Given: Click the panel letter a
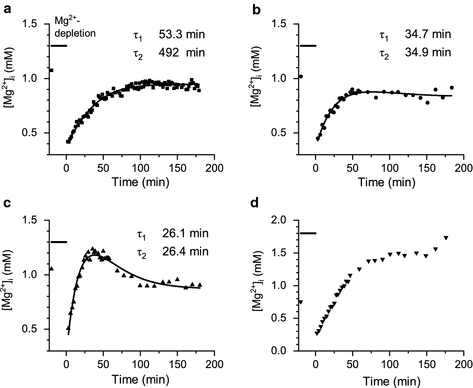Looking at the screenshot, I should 8,10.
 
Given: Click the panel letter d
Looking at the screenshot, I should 255,203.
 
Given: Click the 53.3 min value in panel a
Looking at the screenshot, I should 182,34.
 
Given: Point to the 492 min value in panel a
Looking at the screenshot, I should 182,52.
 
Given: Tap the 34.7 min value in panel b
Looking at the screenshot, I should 428,34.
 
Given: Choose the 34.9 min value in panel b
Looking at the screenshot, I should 428,52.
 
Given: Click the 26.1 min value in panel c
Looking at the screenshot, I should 185,233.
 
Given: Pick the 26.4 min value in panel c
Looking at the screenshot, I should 185,251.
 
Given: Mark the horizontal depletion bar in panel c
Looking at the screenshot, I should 59,242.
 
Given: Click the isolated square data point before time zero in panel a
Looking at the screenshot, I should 51,70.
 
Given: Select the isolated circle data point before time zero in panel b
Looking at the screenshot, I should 301,76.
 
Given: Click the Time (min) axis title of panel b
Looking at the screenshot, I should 386,182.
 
